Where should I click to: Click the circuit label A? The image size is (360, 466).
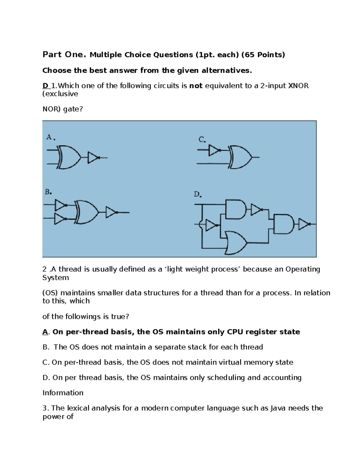tap(50, 137)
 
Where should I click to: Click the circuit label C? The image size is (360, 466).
tap(202, 140)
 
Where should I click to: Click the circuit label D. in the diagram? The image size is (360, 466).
tap(197, 194)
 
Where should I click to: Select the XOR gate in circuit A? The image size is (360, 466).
tap(70, 158)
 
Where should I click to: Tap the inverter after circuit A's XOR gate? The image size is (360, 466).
tap(93, 158)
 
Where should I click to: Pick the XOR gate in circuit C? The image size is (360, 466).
tap(240, 157)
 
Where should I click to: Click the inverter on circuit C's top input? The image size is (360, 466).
tap(214, 150)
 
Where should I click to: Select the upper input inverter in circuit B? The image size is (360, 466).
tap(60, 206)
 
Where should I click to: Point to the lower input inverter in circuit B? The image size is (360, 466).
tap(60, 219)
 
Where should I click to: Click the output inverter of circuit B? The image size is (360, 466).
tap(111, 212)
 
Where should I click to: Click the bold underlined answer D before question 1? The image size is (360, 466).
tap(45, 86)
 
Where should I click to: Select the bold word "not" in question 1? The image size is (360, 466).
tap(196, 86)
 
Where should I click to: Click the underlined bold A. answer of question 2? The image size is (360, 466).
tap(45, 332)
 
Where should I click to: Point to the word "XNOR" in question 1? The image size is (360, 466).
tap(298, 86)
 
